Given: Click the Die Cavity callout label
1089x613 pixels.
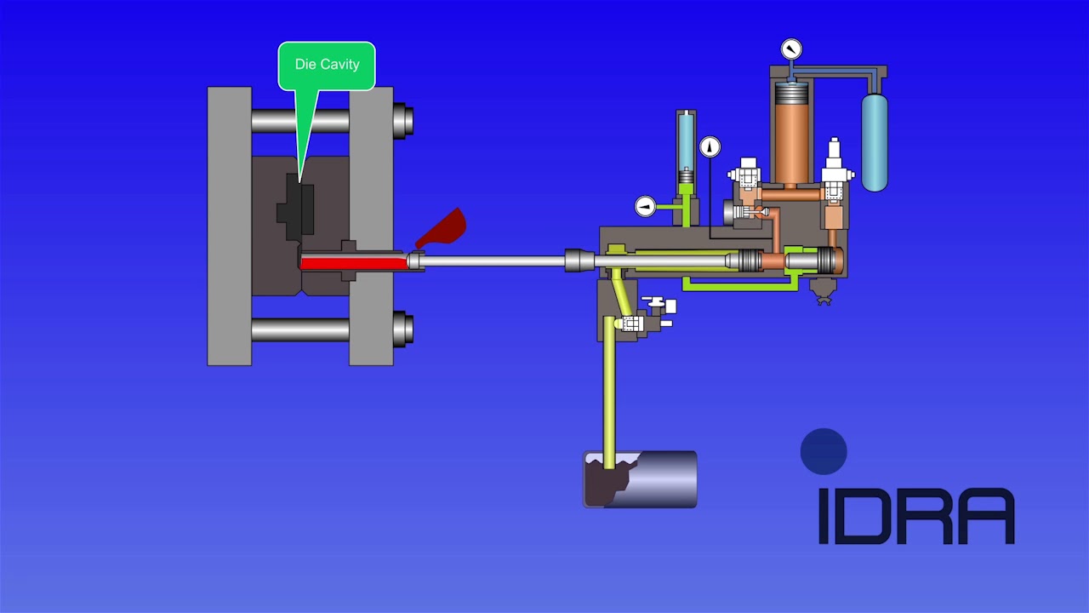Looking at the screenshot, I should point(327,65).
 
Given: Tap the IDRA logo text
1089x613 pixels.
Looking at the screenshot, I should point(916,516).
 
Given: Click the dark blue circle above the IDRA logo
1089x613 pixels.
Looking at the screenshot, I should point(824,452).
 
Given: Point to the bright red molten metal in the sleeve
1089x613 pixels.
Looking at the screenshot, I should point(353,263).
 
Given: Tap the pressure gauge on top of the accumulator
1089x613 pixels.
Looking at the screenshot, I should point(791,49).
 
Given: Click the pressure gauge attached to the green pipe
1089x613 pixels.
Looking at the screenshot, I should point(646,206).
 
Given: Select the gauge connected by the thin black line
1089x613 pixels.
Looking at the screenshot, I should point(710,147).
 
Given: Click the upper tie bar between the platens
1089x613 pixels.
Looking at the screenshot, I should point(300,121).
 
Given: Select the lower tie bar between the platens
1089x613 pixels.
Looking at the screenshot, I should point(300,329).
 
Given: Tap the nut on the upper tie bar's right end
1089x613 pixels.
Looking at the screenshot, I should point(403,121).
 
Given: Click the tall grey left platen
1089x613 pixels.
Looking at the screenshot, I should point(229,226).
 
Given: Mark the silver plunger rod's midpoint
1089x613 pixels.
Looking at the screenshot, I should point(493,261).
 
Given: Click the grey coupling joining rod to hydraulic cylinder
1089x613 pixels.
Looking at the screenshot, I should point(579,261).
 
